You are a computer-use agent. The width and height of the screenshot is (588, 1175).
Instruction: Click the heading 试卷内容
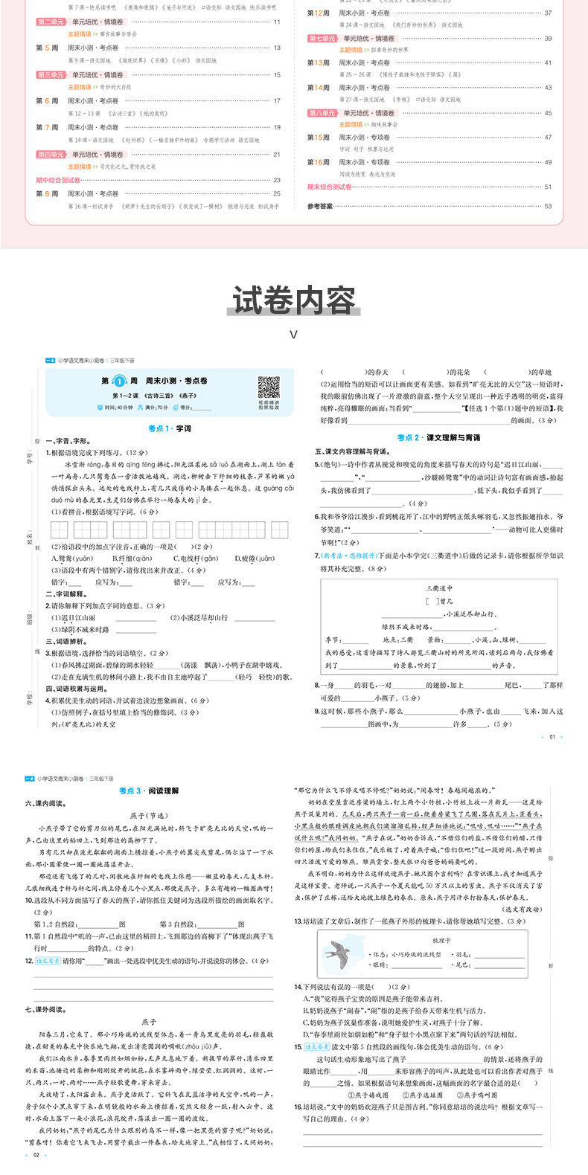[293, 300]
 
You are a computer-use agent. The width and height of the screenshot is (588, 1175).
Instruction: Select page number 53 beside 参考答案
[548, 206]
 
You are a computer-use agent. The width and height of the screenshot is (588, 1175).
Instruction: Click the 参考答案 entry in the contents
[320, 206]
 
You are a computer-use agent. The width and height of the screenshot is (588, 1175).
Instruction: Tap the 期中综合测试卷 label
[59, 180]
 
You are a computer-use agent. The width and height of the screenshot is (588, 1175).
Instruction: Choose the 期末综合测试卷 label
[330, 187]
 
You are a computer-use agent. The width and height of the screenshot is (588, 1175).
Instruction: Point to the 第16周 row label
[319, 162]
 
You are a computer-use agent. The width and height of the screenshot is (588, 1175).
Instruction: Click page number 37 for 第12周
[548, 13]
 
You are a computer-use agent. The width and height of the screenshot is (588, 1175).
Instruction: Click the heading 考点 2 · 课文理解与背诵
[438, 438]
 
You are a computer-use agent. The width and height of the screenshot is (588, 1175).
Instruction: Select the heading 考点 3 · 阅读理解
[149, 791]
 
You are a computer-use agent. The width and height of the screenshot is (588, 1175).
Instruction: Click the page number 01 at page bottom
[552, 737]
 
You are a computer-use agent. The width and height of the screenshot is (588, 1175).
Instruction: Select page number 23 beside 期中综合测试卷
[277, 180]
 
